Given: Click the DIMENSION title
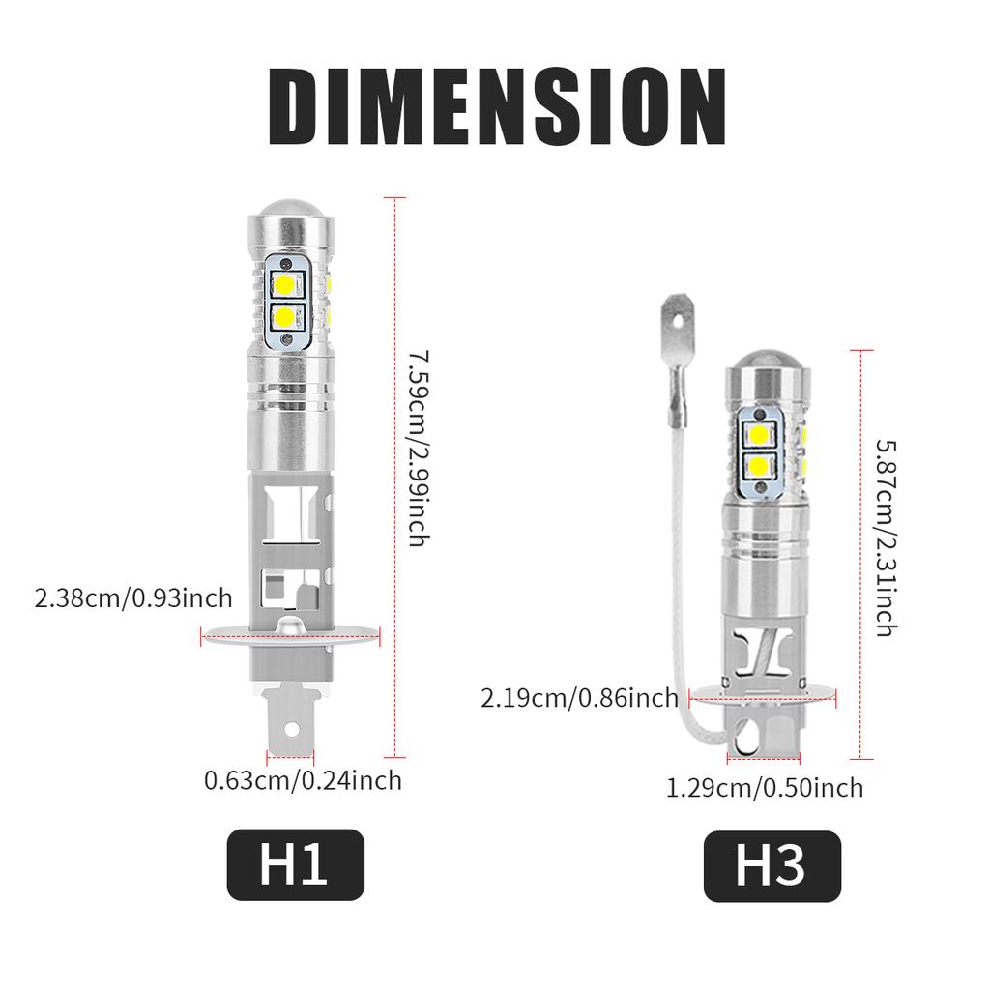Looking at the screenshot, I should [495, 107].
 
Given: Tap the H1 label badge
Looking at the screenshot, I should [295, 864].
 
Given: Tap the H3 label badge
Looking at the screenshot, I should [772, 866].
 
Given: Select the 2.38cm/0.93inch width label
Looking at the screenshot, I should [133, 597].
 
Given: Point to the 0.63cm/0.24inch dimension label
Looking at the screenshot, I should [303, 779].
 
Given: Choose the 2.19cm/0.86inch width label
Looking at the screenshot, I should [579, 697].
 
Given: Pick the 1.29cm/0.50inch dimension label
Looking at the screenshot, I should [765, 788].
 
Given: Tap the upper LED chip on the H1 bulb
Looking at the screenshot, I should [285, 284].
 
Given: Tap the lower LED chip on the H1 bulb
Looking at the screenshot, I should [285, 316].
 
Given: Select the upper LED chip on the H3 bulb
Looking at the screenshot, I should [758, 434].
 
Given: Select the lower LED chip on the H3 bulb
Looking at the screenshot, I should [758, 466].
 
